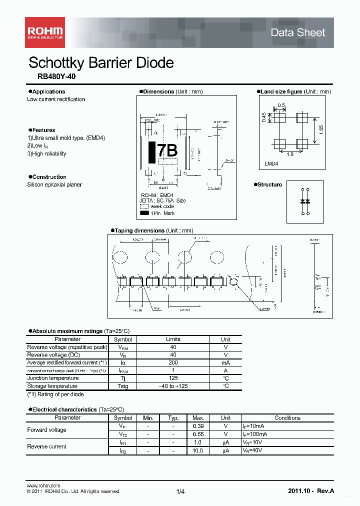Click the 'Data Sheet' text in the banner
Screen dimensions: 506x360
297,32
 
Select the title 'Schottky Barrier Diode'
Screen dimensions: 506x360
101,63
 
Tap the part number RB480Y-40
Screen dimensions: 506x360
56,77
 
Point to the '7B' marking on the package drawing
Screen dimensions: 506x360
167,150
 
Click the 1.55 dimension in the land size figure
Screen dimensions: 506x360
322,128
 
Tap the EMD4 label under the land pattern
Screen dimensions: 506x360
271,163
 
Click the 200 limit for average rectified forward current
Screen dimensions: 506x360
173,362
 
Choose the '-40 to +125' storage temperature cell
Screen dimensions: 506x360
173,386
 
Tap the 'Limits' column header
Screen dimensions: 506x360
173,339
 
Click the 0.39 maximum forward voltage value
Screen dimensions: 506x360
198,426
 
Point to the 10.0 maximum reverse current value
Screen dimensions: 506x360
198,450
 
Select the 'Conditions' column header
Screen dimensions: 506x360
287,418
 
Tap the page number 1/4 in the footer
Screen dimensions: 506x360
180,492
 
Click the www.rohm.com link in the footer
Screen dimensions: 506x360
43,485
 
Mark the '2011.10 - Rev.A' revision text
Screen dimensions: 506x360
310,491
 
